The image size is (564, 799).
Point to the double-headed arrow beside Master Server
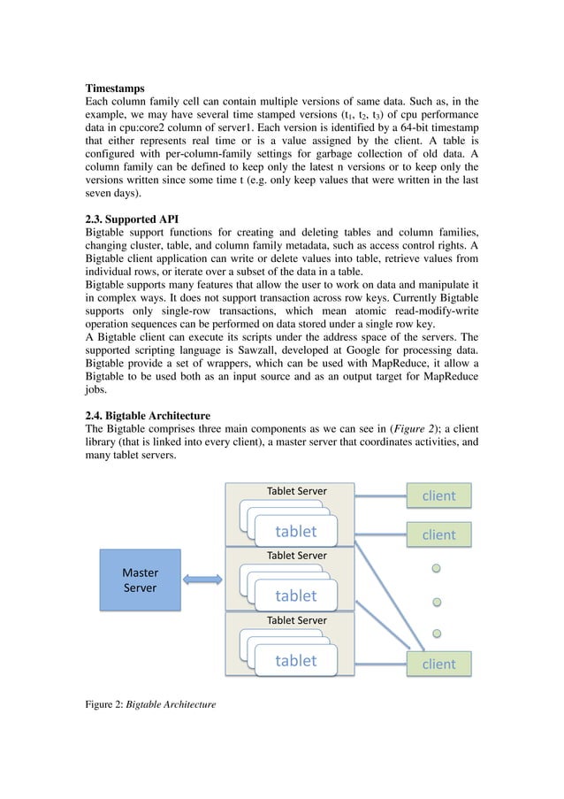tap(202, 580)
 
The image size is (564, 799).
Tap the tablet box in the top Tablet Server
tap(295, 531)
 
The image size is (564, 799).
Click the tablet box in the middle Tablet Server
tap(295, 595)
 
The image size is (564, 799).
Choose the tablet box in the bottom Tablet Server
tap(295, 660)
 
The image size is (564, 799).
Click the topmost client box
tap(438, 496)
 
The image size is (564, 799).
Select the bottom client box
tap(438, 664)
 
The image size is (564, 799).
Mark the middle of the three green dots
tap(437, 602)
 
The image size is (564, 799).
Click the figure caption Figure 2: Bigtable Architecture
tap(149, 706)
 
